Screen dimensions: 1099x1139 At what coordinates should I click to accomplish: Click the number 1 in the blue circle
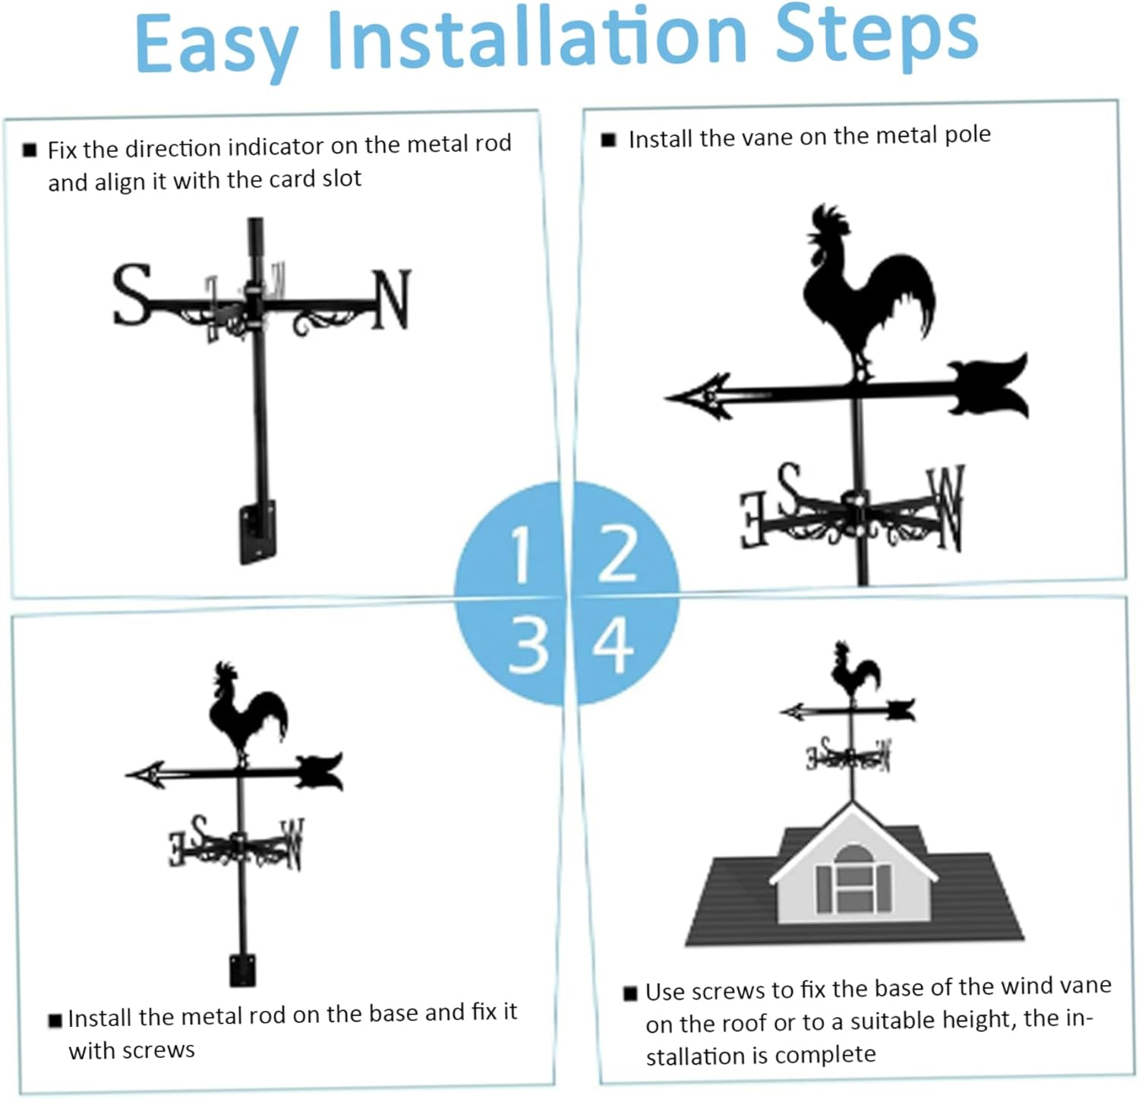(x=521, y=555)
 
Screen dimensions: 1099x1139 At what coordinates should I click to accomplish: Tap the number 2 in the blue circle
(x=617, y=554)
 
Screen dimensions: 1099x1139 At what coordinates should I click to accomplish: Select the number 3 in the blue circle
(x=528, y=645)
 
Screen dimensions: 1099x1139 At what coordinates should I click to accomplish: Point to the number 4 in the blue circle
(x=613, y=645)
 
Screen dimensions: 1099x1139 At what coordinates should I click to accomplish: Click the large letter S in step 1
(x=132, y=295)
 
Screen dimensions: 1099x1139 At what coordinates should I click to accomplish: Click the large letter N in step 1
(x=392, y=300)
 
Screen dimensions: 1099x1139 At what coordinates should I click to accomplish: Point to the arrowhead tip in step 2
(x=672, y=397)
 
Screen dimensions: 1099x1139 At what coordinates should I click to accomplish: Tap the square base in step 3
(x=242, y=970)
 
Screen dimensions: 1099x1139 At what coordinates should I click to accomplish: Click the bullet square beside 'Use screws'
(x=630, y=993)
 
